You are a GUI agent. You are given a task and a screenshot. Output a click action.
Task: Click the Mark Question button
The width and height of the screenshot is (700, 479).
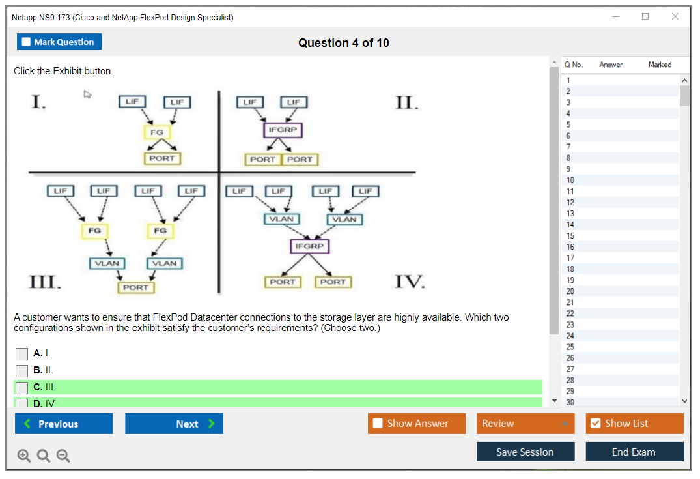click(59, 42)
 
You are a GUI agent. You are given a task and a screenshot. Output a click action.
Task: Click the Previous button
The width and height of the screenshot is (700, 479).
click(64, 424)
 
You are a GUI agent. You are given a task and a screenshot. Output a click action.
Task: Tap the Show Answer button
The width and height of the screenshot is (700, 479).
click(417, 424)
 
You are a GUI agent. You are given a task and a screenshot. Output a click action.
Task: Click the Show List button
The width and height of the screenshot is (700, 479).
click(634, 424)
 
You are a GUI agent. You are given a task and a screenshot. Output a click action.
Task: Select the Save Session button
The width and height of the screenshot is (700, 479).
click(525, 452)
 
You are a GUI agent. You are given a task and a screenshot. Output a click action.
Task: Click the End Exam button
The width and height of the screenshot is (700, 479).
click(634, 452)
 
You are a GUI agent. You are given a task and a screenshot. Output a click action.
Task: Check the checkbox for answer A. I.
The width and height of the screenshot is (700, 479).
click(22, 354)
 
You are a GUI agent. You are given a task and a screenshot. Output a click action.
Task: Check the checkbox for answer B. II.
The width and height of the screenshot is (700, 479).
click(22, 371)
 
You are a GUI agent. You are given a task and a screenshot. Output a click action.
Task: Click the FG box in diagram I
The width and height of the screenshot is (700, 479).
click(156, 132)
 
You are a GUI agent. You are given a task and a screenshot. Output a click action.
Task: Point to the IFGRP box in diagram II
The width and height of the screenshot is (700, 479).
click(283, 130)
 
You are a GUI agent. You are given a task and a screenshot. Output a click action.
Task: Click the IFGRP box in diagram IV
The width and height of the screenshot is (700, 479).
click(310, 246)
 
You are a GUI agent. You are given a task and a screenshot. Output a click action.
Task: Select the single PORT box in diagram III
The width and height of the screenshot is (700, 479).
click(135, 287)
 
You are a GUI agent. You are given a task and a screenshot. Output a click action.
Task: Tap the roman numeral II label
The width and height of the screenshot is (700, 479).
click(407, 103)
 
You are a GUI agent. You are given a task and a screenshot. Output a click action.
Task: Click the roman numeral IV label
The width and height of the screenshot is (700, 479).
click(410, 282)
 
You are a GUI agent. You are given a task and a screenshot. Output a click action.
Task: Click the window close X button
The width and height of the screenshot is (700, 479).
click(675, 17)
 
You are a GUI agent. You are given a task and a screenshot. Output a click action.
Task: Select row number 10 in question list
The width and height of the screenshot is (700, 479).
click(570, 181)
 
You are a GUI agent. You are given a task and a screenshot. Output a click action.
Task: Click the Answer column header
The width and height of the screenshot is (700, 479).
click(611, 65)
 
